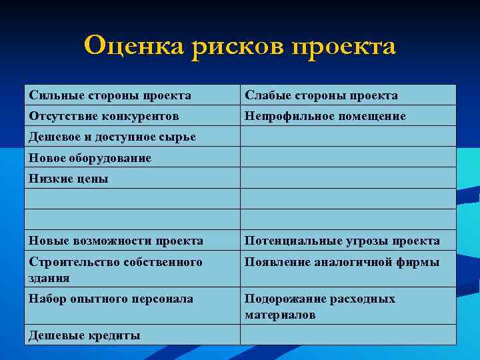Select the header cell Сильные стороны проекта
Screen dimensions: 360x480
click(110, 95)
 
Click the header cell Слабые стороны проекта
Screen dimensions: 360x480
click(321, 95)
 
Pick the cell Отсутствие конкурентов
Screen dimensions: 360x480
click(104, 116)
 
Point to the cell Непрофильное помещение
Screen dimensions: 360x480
click(325, 116)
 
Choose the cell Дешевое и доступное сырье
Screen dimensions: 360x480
click(113, 137)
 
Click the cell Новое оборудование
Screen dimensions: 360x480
click(91, 158)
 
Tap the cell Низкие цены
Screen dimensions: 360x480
click(69, 179)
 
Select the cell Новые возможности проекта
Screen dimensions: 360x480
click(116, 241)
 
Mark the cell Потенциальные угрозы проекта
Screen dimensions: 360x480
click(342, 241)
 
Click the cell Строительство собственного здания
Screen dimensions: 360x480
click(115, 269)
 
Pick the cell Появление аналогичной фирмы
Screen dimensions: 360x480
click(342, 262)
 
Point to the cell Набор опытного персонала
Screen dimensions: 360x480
click(111, 299)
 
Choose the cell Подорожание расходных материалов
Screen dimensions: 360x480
click(320, 306)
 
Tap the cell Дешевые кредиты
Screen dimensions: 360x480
click(85, 335)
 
